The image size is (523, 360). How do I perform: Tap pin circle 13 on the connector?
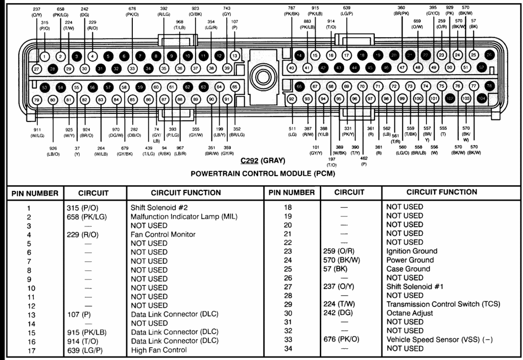(x=235, y=55)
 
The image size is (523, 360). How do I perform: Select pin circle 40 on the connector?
(x=291, y=67)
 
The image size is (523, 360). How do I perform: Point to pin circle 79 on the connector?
(x=36, y=100)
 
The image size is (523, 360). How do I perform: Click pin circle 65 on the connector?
(x=235, y=87)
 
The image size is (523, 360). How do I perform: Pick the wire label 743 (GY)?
(x=227, y=11)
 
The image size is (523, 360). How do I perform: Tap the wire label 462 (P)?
(x=364, y=161)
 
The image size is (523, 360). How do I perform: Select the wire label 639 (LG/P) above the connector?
(x=347, y=11)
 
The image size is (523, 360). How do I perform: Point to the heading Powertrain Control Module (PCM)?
(x=263, y=173)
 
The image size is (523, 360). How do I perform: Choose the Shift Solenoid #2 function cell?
(x=160, y=208)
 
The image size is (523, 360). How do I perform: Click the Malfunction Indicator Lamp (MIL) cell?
(x=184, y=217)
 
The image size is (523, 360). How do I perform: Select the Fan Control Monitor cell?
(x=163, y=234)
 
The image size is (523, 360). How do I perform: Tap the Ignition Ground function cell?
(x=412, y=251)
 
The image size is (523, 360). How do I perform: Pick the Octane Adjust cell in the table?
(x=410, y=313)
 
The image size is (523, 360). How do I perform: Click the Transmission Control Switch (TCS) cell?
(x=443, y=304)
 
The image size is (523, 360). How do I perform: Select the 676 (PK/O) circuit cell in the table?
(x=344, y=340)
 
